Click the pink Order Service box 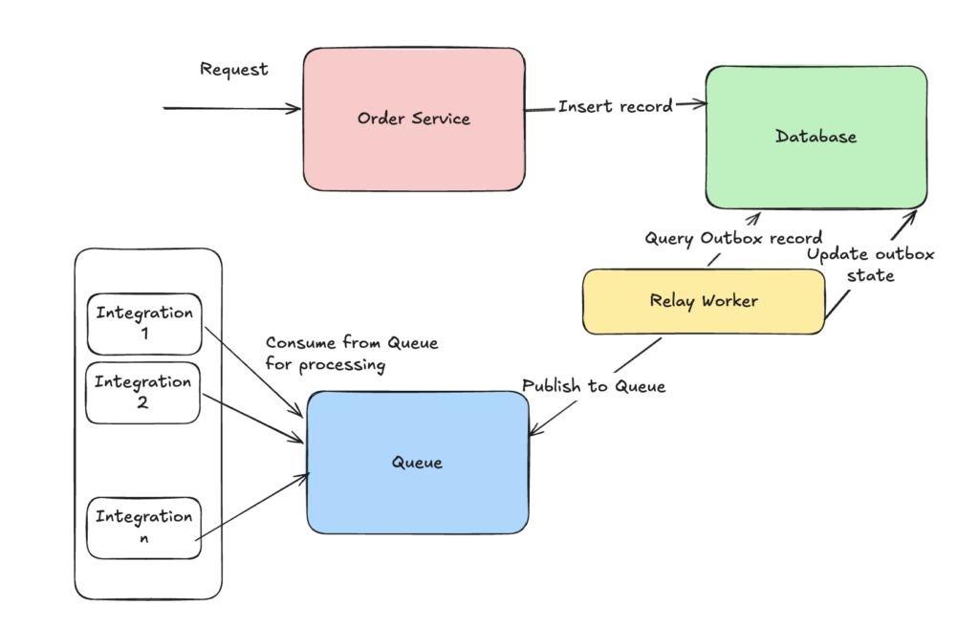(x=414, y=119)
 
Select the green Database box (x=816, y=137)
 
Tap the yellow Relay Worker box (x=704, y=302)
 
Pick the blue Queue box (x=418, y=463)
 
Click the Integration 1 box (x=144, y=324)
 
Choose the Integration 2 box (x=143, y=393)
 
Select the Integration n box (x=143, y=528)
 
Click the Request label (x=234, y=70)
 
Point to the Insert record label (x=616, y=106)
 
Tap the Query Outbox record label (x=733, y=239)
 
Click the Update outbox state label (x=870, y=265)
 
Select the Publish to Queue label (x=594, y=386)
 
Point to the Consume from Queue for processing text (x=352, y=354)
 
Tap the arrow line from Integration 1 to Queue (x=254, y=372)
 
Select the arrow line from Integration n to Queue (x=252, y=508)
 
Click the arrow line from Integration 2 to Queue (x=253, y=419)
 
